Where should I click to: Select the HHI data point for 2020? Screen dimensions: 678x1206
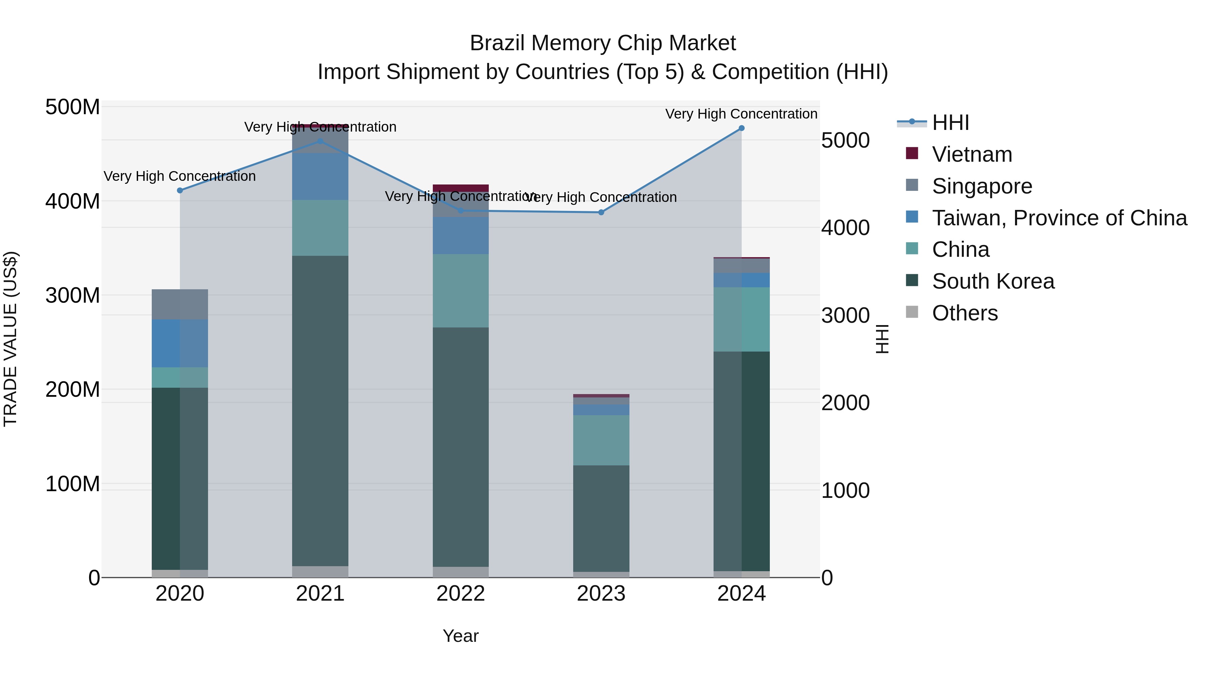click(180, 191)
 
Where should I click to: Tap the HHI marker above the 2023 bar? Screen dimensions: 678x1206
click(601, 212)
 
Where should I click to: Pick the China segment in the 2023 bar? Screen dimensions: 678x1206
click(601, 440)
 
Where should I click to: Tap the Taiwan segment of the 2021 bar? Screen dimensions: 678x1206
click(320, 176)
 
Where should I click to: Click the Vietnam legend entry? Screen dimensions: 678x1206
click(972, 154)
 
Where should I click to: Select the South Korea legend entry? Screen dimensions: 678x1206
click(993, 281)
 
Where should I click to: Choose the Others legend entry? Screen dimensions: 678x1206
click(964, 313)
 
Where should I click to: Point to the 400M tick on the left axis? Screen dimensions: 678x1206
click(73, 201)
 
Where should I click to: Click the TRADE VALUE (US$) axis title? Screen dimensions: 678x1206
click(10, 339)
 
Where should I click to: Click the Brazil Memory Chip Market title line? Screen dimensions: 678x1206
click(603, 43)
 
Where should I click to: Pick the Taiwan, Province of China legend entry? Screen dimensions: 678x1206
click(1059, 218)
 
